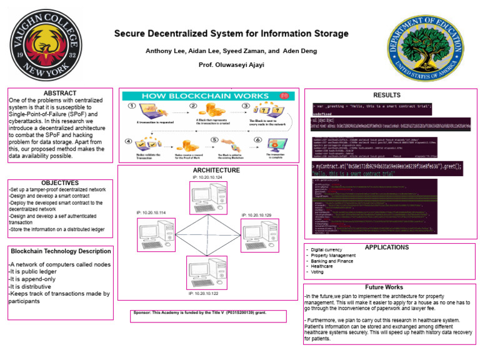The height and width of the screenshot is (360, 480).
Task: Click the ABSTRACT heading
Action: click(60, 93)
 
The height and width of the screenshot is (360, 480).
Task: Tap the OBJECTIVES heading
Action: click(60, 181)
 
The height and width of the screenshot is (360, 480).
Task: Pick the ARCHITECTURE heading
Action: click(216, 170)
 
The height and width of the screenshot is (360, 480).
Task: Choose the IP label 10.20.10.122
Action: click(204, 292)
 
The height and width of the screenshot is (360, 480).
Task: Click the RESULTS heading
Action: click(386, 95)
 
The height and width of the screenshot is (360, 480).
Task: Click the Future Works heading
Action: click(384, 287)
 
